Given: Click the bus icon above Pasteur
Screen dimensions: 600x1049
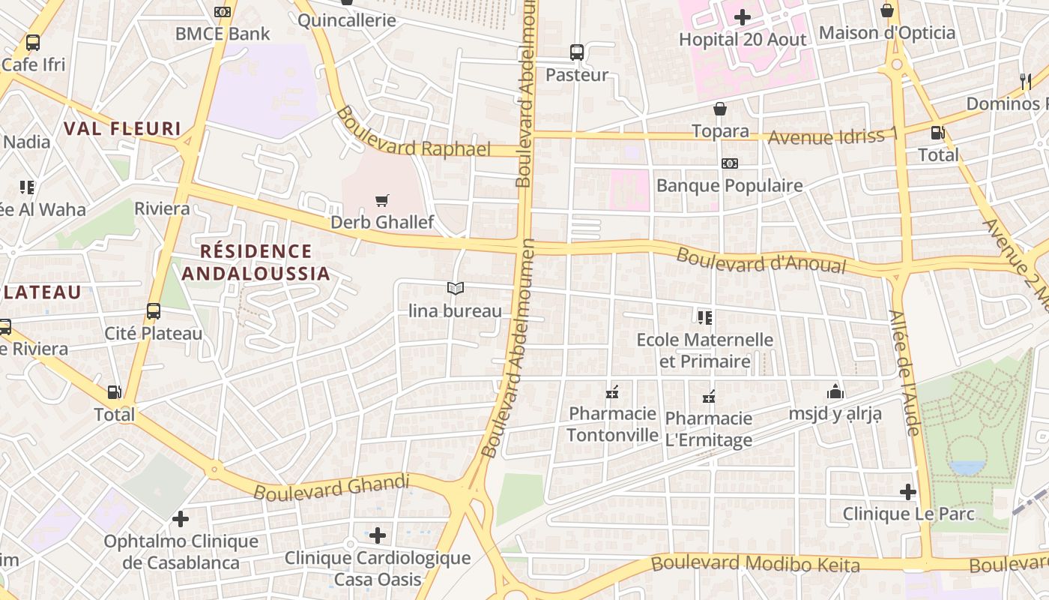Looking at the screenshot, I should (576, 52).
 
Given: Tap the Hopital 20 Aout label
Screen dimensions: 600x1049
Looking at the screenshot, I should (742, 40).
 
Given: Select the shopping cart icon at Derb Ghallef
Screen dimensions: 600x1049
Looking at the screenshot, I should (382, 200).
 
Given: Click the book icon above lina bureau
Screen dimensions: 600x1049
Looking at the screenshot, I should (455, 288).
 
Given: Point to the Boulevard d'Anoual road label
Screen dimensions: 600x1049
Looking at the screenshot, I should (761, 260).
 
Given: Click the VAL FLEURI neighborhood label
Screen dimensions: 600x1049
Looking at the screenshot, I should (122, 128).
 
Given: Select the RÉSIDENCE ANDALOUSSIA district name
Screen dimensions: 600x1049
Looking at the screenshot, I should (256, 262).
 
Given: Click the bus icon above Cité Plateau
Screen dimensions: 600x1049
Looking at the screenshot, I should (154, 311).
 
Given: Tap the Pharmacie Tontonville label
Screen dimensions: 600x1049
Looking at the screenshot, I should (612, 424).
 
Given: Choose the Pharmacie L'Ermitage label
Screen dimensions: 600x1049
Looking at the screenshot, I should (708, 429).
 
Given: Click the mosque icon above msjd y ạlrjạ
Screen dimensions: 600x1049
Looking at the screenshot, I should (835, 391).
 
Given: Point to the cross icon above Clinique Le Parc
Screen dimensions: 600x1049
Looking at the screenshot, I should (908, 492).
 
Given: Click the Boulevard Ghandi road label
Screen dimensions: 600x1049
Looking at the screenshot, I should (331, 487).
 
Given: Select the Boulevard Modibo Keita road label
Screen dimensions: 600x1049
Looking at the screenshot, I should (755, 563).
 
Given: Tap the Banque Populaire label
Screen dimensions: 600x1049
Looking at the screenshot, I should (729, 185).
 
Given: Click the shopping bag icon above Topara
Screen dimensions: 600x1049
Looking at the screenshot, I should (720, 109).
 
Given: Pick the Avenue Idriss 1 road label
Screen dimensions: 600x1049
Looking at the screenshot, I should (832, 136).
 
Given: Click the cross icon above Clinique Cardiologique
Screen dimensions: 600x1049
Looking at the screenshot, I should (378, 535).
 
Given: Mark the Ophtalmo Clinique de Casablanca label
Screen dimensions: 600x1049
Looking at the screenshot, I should (181, 552).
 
